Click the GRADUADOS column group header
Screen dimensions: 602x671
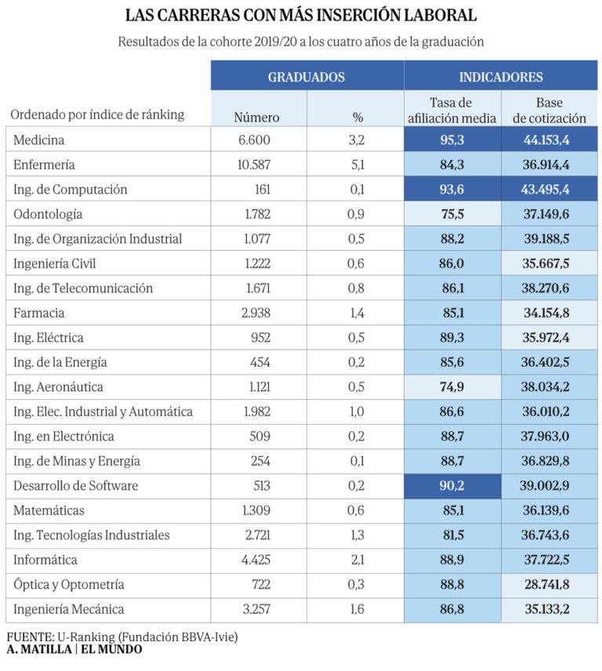point(306,77)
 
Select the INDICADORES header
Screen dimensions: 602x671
point(501,77)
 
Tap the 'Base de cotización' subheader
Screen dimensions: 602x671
point(549,111)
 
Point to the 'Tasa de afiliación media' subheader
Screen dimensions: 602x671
point(451,111)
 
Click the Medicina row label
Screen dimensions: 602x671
point(39,140)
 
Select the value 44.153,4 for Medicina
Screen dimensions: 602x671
point(546,140)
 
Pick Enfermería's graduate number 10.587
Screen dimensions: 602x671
point(254,165)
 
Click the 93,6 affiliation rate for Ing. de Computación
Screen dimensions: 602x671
point(451,189)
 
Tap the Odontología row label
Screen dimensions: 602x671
point(48,214)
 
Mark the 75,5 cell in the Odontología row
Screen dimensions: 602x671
point(452,214)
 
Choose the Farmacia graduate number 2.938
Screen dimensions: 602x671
point(256,313)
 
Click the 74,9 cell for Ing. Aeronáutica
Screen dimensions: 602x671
point(451,387)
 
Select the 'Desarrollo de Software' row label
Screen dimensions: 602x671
point(76,486)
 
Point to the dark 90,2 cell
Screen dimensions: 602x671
point(452,486)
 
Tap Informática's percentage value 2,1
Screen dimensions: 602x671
point(357,560)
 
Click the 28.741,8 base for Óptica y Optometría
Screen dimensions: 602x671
point(547,585)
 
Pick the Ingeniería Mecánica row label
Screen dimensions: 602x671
point(68,609)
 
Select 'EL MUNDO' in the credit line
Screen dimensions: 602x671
point(111,649)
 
